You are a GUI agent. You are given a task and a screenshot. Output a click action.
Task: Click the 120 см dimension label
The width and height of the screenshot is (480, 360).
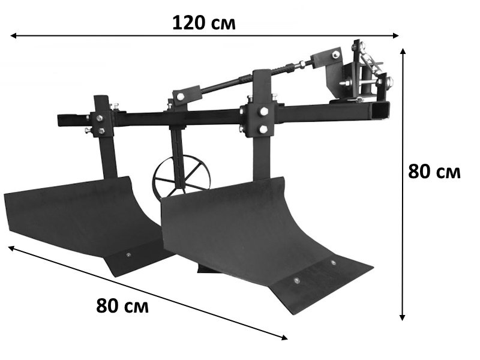(x=204, y=23)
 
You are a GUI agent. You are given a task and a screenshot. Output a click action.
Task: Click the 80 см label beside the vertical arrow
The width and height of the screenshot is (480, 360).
(x=434, y=172)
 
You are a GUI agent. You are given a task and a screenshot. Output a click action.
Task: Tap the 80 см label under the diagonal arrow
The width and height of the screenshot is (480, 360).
(x=122, y=305)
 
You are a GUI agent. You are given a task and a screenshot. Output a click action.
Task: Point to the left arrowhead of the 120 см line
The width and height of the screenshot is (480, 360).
(x=13, y=36)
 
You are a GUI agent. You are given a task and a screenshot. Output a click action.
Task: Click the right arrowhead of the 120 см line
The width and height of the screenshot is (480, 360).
(x=395, y=35)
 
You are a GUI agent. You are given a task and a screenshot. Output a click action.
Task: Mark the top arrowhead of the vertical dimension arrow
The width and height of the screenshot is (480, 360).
(x=403, y=51)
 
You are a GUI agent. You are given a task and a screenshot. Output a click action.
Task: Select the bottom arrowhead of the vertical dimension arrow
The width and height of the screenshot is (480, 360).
(x=403, y=317)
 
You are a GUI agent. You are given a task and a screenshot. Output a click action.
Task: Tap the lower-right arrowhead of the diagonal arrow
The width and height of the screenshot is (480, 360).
(x=284, y=337)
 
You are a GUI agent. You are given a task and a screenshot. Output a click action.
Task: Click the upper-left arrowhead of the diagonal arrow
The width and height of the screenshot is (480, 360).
(x=11, y=248)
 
